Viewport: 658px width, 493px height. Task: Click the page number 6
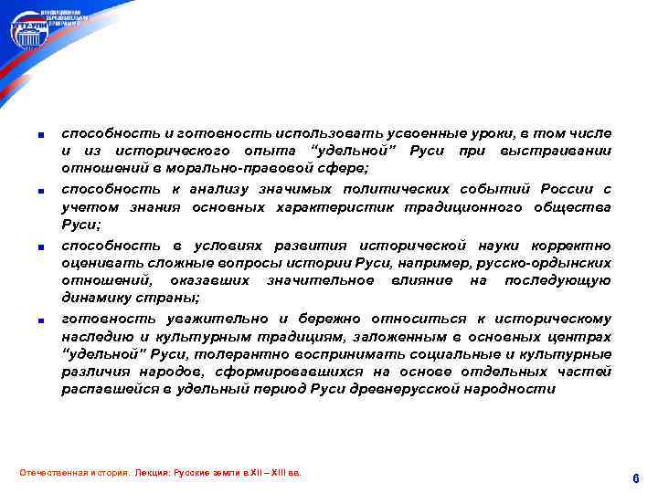point(635,478)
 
